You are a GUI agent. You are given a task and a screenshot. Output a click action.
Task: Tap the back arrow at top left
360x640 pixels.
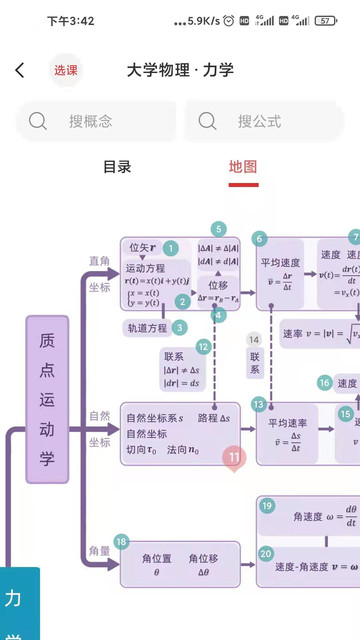[20, 70]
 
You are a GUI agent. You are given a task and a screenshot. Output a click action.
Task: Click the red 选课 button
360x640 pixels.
[66, 70]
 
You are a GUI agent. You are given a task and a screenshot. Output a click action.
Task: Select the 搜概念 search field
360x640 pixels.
[95, 121]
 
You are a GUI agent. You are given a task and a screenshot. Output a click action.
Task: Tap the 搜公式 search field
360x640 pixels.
[265, 121]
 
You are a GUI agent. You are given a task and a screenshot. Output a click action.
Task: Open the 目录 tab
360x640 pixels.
[117, 167]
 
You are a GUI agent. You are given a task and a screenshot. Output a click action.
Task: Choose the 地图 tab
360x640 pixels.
[243, 167]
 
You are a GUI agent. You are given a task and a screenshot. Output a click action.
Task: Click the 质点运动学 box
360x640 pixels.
[47, 400]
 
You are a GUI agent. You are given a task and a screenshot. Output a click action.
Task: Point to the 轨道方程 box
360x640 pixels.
[147, 328]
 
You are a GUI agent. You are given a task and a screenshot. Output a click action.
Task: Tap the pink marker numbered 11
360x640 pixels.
[234, 458]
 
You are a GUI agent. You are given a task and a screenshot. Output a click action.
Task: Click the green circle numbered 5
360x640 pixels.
[219, 229]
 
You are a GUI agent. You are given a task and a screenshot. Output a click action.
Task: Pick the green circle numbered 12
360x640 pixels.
[203, 347]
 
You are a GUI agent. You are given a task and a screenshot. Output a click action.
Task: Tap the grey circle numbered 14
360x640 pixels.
[254, 339]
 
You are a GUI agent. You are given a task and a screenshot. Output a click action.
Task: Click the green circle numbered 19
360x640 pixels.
[266, 506]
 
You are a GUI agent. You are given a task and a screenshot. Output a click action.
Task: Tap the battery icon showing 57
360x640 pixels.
[326, 20]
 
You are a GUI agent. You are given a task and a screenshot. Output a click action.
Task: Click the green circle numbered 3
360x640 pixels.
[179, 327]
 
